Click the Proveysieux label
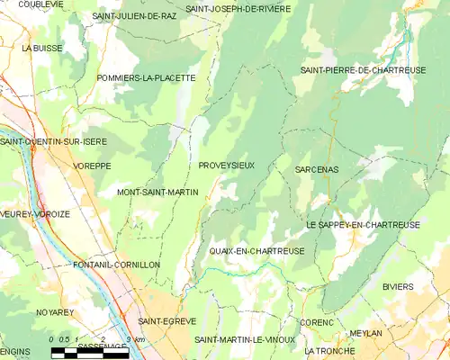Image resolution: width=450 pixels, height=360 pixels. (x=226, y=166)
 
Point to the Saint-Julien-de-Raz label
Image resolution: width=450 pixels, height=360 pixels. (x=134, y=16)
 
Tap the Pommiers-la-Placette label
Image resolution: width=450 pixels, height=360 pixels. (x=146, y=78)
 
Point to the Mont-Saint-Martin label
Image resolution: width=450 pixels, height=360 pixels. (x=157, y=193)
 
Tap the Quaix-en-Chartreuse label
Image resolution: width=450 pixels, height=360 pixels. (x=256, y=251)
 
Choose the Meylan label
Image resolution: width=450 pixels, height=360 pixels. (x=365, y=332)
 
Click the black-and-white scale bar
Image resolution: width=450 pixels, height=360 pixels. (x=90, y=353)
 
